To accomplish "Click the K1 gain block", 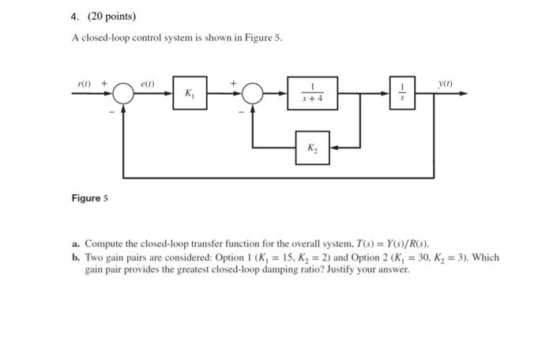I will click(190, 93).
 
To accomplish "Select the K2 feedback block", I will click(312, 148).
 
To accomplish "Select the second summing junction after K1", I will click(252, 94).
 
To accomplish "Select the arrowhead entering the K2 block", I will click(333, 148).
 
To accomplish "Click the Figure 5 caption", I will click(88, 197).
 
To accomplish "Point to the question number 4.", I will click(69, 16).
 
